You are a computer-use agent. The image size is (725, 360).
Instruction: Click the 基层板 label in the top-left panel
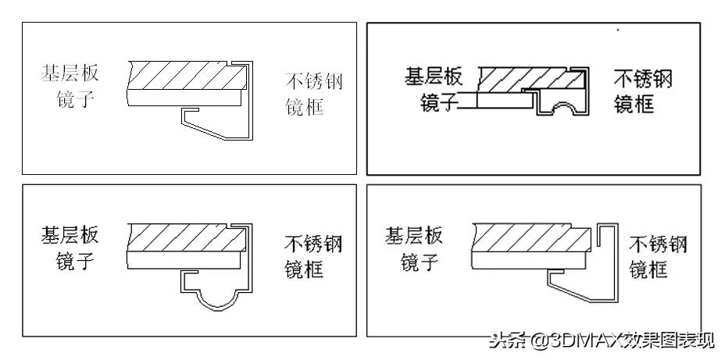pos(70,74)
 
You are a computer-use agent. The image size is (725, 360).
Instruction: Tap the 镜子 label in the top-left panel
pos(75,99)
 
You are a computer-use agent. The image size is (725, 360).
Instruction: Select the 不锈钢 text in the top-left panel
pos(315,82)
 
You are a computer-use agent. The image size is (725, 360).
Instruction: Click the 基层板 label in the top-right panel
pos(434,77)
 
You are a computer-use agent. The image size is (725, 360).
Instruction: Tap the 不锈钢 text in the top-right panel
pos(643,79)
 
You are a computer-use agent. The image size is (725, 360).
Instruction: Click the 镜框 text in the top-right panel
pos(634,104)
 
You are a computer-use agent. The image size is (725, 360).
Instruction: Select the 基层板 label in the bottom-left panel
pos(70,235)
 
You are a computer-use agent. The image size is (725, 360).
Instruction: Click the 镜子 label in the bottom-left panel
pos(75,260)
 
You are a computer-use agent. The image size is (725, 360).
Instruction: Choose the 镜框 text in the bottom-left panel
pos(303,269)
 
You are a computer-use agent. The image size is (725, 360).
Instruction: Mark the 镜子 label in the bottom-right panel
pos(419,261)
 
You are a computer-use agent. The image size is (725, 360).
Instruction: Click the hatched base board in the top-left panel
pos(184,76)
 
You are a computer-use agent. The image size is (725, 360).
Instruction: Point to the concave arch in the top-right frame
pos(562,110)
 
